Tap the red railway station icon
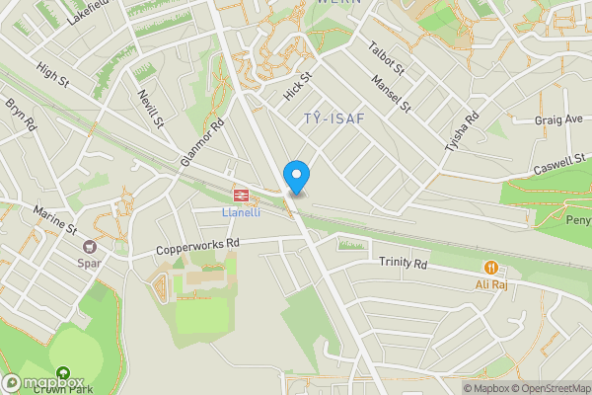tap(240, 195)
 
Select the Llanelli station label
tap(240, 211)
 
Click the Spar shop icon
tap(90, 247)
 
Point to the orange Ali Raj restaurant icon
tap(490, 267)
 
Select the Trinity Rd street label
tap(404, 264)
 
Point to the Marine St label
tap(55, 219)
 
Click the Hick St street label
tap(297, 87)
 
